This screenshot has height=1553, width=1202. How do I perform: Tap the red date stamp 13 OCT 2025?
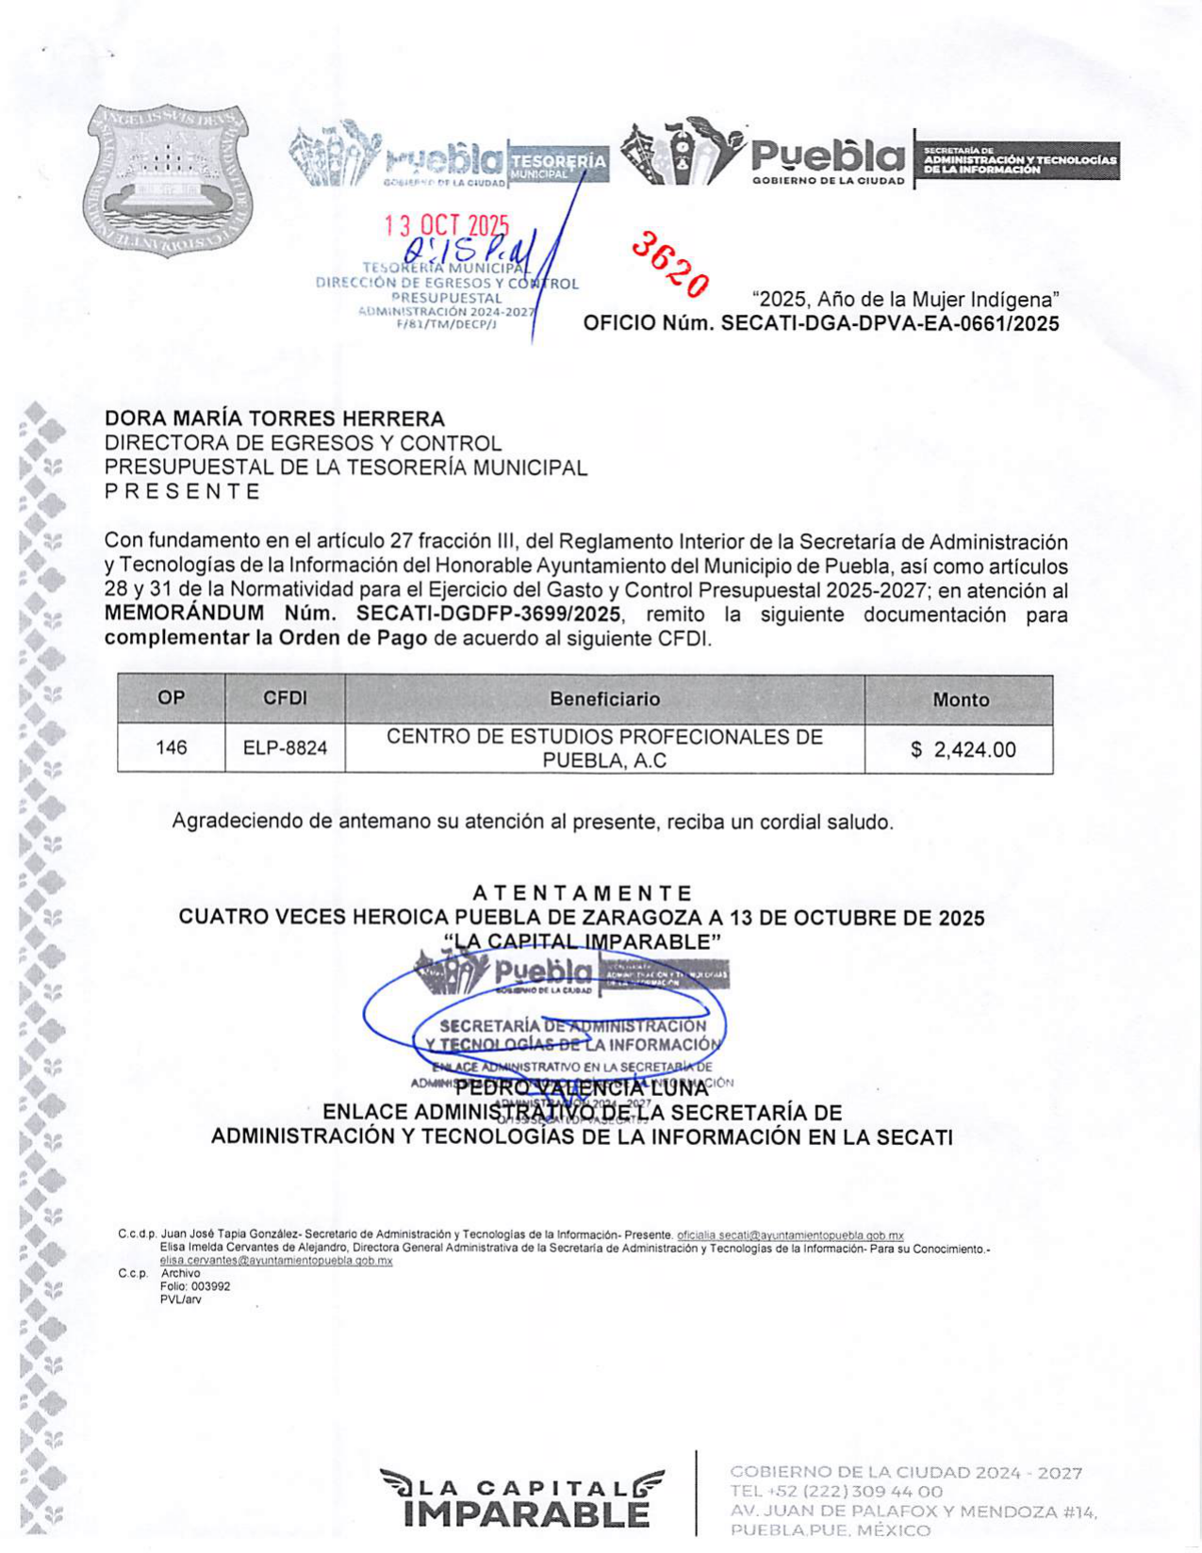446,225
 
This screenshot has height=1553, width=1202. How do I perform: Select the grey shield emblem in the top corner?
168,179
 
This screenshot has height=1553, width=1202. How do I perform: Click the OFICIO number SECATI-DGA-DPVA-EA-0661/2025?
889,324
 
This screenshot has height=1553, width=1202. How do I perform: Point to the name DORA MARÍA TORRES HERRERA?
274,418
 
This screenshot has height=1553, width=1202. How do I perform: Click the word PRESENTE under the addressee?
182,491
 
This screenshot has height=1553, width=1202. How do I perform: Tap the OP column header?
171,698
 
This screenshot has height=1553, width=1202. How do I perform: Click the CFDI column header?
285,698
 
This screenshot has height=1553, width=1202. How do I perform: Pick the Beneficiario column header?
604,699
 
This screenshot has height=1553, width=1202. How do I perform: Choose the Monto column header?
960,700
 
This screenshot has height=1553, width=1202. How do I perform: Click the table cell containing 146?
171,748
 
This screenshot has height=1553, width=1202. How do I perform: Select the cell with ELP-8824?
285,748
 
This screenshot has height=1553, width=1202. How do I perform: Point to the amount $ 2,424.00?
963,750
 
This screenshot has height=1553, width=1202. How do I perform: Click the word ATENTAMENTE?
582,892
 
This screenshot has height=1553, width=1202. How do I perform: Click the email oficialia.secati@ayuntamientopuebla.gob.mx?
790,1234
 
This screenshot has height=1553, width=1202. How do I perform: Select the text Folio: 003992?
195,1286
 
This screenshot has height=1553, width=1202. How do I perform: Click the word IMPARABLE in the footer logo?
525,1513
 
